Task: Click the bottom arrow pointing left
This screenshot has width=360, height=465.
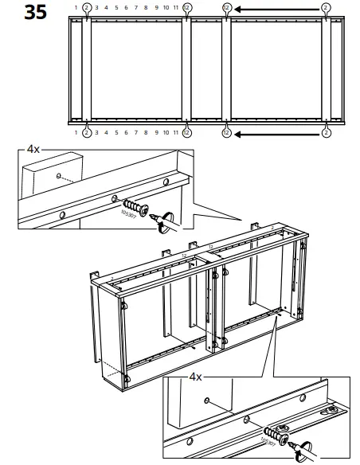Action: (276, 131)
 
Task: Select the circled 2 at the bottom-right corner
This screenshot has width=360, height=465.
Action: (326, 131)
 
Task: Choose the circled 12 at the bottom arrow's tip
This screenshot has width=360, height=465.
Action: (226, 131)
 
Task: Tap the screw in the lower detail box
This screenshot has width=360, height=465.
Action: (275, 434)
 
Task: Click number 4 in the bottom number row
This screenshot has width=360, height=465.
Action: (106, 131)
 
